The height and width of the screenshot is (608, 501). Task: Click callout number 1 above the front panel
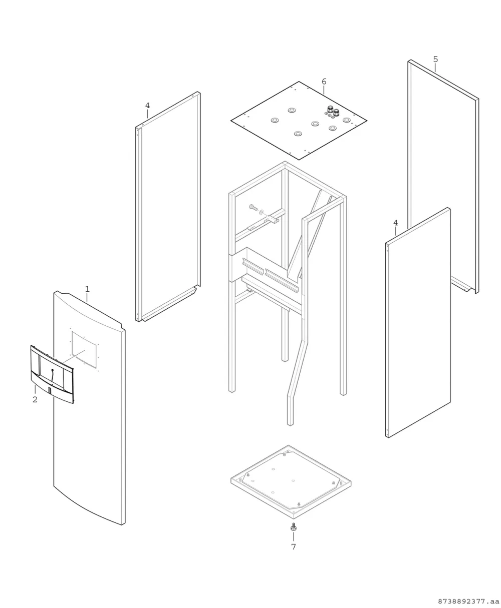(x=88, y=289)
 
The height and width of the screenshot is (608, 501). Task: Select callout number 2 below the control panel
(x=35, y=399)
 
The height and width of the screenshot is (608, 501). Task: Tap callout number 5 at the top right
(x=435, y=59)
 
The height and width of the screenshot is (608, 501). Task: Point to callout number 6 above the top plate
(x=324, y=82)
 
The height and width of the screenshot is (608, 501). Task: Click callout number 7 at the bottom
(x=294, y=546)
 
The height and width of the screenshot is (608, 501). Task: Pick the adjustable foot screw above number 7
(x=294, y=527)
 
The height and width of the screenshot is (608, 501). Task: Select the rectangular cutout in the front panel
(x=84, y=350)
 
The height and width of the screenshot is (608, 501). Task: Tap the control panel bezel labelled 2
(x=52, y=374)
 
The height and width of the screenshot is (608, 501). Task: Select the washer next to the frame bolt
(x=262, y=212)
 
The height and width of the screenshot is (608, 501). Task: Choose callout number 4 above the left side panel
(x=147, y=106)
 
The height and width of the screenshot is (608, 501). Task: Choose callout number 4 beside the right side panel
(x=396, y=223)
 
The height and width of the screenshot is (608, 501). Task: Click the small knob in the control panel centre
(x=53, y=370)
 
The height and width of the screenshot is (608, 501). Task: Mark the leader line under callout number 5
(x=435, y=68)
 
